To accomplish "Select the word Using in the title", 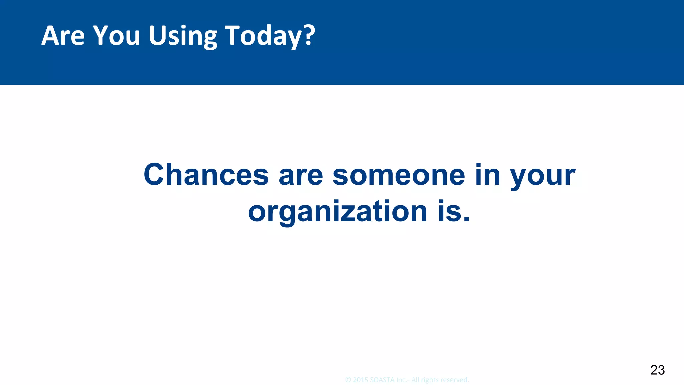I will click(x=183, y=36).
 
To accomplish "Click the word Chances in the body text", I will click(x=206, y=175).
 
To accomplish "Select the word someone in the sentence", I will click(x=399, y=175).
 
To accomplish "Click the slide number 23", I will click(x=657, y=370).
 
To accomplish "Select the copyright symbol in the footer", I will click(x=348, y=380).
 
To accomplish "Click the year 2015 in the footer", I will click(x=361, y=380).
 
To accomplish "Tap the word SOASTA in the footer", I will click(x=382, y=380).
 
